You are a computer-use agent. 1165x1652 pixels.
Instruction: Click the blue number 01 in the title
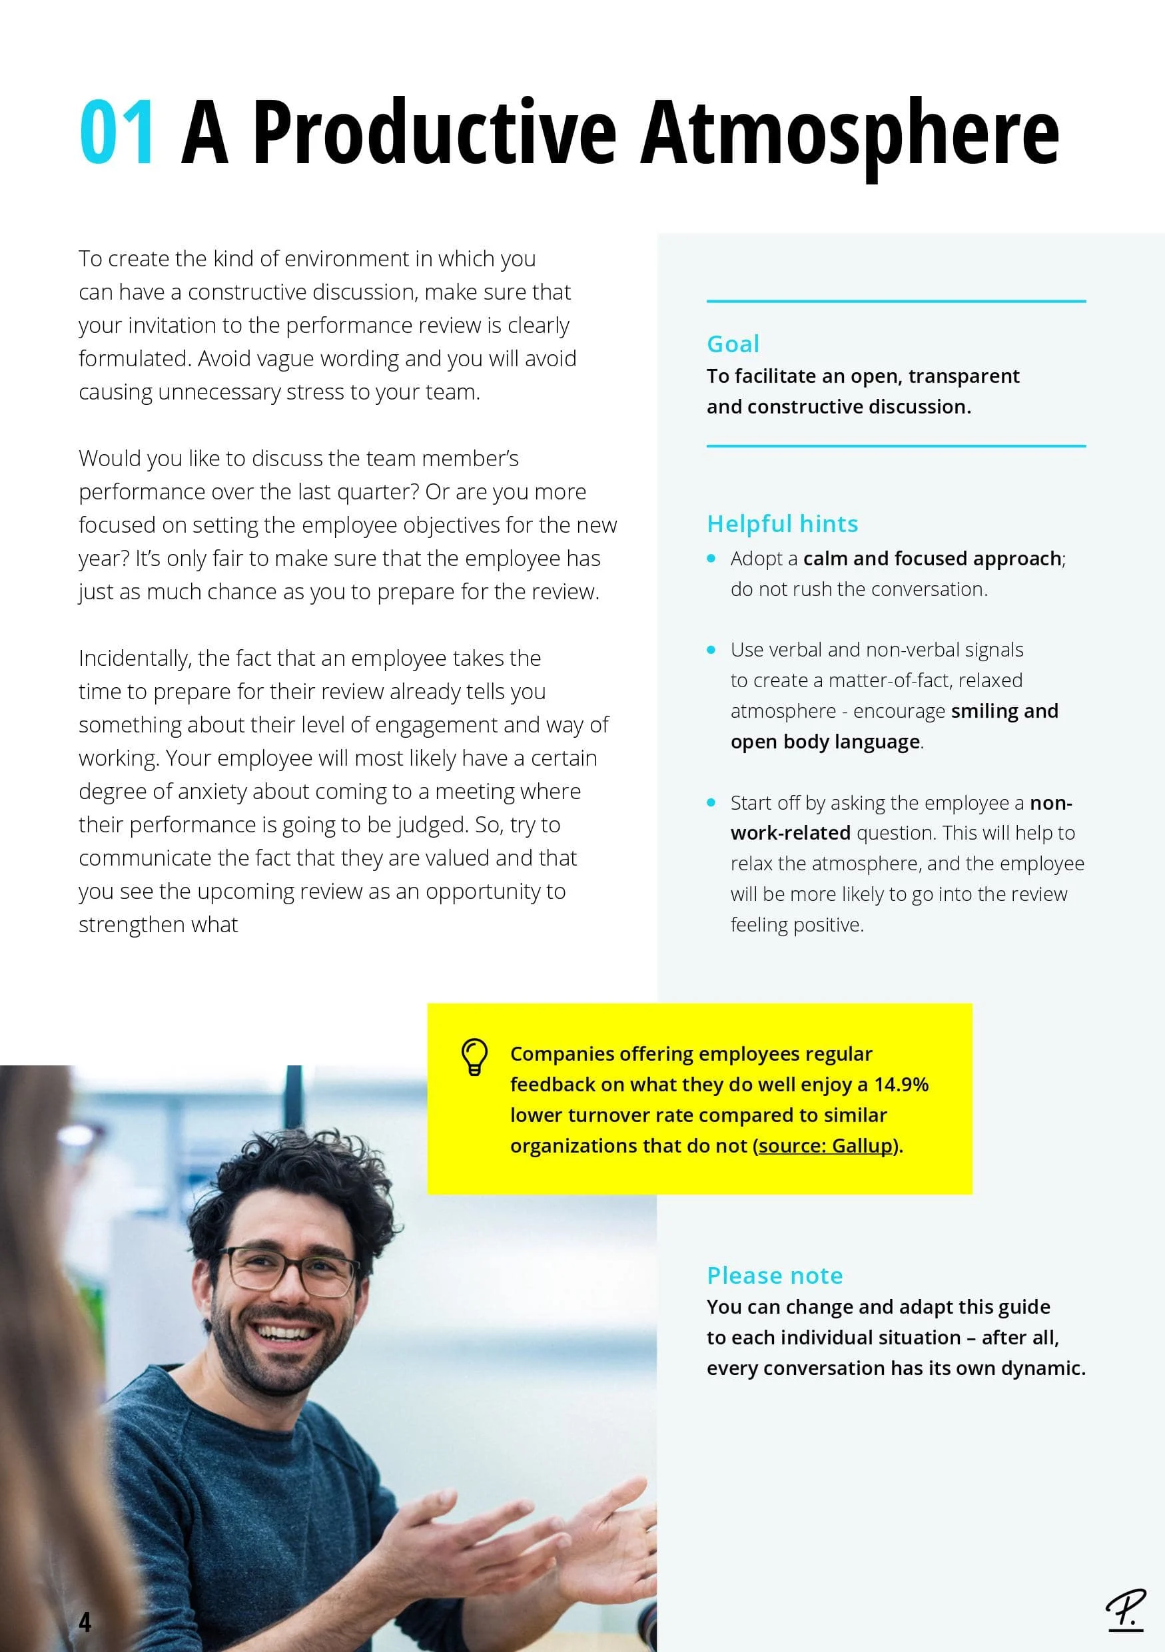[117, 133]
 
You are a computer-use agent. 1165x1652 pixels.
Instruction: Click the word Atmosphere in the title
[849, 133]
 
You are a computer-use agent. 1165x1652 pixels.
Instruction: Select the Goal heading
[733, 344]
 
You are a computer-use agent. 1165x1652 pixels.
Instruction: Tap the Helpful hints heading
[782, 524]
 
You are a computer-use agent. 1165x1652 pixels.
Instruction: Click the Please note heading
[774, 1275]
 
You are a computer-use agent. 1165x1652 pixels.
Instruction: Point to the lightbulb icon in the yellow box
[474, 1057]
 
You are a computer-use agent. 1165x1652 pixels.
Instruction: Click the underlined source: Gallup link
[825, 1145]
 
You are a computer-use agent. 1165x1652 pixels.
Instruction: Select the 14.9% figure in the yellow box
[901, 1084]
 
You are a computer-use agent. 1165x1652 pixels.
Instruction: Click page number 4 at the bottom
[85, 1622]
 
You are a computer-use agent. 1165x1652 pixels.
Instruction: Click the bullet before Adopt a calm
[711, 559]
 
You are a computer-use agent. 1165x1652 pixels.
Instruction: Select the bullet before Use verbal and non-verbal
[711, 650]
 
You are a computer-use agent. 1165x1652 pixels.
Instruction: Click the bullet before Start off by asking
[711, 802]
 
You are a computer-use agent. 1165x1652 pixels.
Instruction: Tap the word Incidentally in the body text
[135, 659]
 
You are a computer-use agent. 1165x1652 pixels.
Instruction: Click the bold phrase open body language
[825, 742]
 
